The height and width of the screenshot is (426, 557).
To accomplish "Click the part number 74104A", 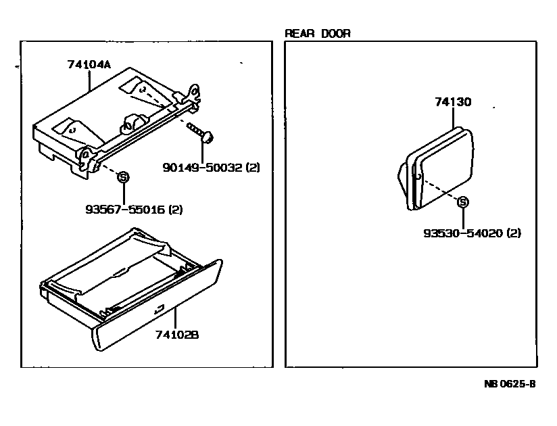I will click(89, 65).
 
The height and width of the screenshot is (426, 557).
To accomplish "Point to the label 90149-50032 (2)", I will click(211, 166).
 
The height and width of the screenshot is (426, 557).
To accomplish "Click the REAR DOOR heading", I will click(317, 33).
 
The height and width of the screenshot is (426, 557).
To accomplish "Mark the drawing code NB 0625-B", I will click(509, 383).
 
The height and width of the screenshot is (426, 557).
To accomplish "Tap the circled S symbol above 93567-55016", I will click(123, 177).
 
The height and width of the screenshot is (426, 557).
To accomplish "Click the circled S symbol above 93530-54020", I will click(463, 202).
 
